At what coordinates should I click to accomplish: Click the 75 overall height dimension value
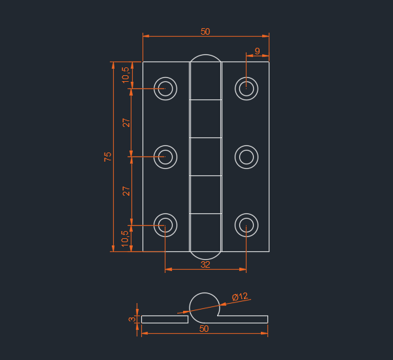coord(108,156)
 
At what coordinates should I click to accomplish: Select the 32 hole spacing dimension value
coord(205,264)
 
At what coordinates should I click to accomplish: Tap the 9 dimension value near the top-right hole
coord(257,51)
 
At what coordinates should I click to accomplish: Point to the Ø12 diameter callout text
coord(240,297)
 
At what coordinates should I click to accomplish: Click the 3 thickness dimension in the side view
coord(132,319)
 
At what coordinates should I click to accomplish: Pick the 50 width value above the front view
coord(205,31)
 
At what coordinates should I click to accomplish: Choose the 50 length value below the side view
coord(204,329)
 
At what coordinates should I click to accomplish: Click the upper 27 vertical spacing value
coord(126,122)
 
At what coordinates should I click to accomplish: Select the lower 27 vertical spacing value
coord(126,191)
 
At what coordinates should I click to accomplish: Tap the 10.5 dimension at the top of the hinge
coord(126,75)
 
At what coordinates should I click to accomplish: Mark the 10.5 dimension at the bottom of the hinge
coord(126,238)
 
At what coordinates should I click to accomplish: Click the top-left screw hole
coord(165,88)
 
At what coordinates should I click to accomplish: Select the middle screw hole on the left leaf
coord(165,156)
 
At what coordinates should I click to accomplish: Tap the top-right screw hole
coord(246,88)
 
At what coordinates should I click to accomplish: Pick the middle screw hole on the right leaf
coord(246,156)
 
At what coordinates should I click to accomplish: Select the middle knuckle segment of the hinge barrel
coord(205,156)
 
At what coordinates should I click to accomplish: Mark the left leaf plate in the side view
coord(164,319)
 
